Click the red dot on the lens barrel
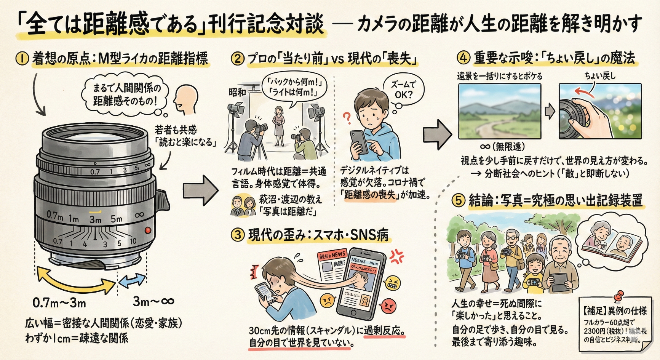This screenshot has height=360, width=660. tap(148, 230)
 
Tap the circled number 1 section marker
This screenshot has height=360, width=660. tap(22, 59)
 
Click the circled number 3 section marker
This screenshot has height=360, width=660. tap(238, 235)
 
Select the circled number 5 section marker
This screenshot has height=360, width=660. tap(458, 200)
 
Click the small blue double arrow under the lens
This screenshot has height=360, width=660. tap(132, 281)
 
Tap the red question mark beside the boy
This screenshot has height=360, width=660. tap(347, 118)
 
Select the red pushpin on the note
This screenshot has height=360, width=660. tap(618, 296)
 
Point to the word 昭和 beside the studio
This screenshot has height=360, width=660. tap(237, 92)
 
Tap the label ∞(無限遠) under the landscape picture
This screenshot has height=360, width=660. tap(502, 146)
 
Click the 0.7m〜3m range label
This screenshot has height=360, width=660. tap(59, 303)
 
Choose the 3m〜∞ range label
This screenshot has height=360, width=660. tap(153, 302)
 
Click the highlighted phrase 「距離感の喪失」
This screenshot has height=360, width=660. tap(370, 195)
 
